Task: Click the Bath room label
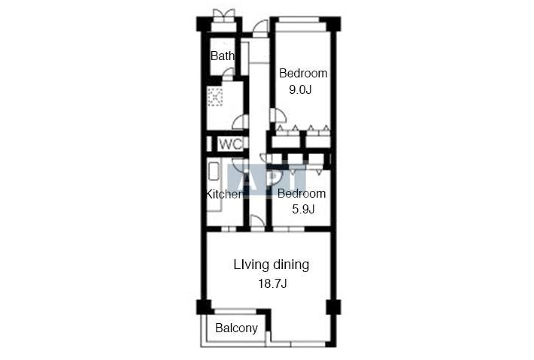(223, 56)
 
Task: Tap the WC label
(231, 144)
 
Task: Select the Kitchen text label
(224, 194)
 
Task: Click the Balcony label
(236, 328)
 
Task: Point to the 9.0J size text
(300, 90)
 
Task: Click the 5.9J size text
(303, 209)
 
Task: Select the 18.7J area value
(272, 283)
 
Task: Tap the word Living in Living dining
(252, 265)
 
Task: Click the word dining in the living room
(291, 265)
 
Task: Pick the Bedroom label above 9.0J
(303, 73)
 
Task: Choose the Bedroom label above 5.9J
(302, 194)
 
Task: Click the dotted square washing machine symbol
(215, 97)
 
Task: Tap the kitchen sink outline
(214, 171)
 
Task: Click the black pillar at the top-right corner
(333, 24)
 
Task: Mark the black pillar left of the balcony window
(204, 307)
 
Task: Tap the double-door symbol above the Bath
(223, 15)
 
